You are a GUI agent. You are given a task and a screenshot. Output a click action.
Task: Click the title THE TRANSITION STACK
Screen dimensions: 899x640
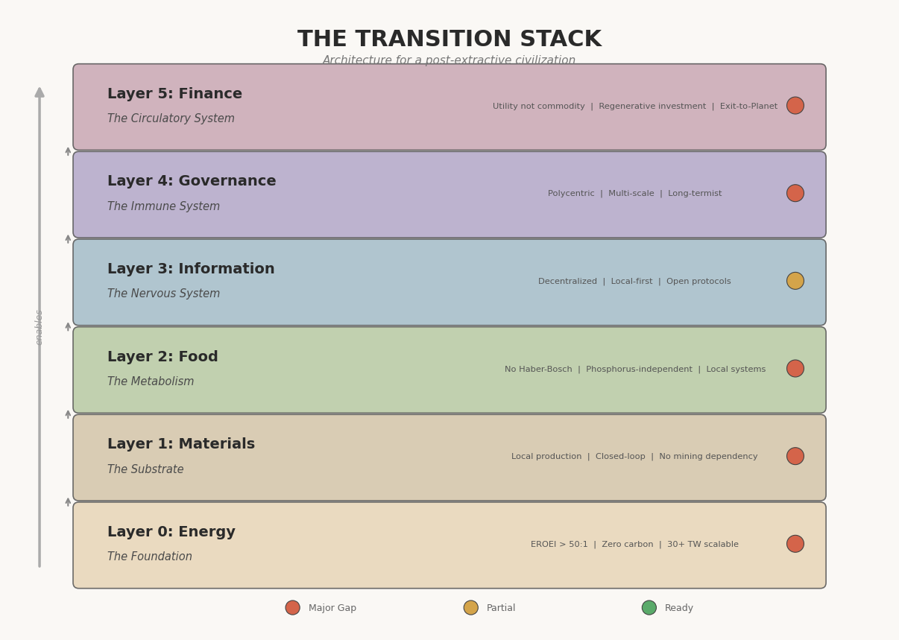(449, 39)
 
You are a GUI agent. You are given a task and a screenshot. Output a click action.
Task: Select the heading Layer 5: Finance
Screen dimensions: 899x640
(174, 93)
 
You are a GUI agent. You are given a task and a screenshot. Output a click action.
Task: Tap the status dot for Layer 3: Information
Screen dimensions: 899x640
(795, 281)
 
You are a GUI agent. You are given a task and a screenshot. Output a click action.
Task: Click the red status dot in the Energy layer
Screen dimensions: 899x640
(795, 544)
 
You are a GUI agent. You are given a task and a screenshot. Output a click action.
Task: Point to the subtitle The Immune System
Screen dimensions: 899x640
(163, 206)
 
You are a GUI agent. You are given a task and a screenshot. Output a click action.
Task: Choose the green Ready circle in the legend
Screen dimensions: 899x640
(649, 607)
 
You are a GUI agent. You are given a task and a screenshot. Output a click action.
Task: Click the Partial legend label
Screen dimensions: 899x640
(500, 608)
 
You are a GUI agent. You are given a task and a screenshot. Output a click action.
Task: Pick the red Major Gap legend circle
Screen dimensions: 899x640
(292, 607)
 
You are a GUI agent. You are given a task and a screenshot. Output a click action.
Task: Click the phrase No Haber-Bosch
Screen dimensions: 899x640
(538, 369)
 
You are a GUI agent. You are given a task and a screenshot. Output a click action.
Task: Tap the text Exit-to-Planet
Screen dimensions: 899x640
(748, 107)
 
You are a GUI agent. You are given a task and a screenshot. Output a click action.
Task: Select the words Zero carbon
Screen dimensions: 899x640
(628, 545)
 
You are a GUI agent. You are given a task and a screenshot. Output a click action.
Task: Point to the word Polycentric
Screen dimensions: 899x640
(571, 194)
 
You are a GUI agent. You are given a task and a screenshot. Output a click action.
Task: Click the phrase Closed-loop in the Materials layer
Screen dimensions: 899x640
(620, 457)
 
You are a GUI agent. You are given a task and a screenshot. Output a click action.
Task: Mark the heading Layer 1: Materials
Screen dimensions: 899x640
(181, 444)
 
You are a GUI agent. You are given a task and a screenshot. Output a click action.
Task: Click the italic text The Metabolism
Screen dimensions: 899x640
(151, 381)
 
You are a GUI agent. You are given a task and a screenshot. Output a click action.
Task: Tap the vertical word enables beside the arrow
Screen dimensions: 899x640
(39, 327)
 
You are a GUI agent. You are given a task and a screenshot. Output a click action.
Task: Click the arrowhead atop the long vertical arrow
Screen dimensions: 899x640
(40, 92)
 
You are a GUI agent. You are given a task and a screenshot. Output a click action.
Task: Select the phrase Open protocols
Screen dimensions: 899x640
(698, 282)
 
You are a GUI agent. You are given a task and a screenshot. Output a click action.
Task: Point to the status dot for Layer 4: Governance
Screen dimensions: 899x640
(795, 193)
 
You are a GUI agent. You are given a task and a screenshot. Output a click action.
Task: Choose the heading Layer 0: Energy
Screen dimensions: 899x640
(171, 532)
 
